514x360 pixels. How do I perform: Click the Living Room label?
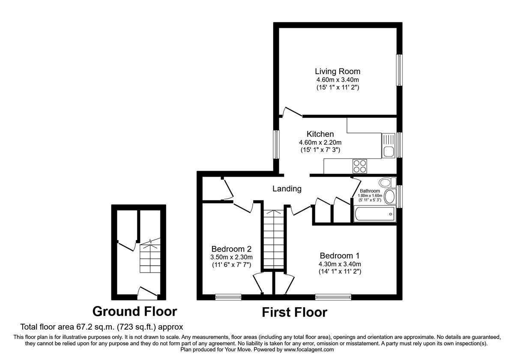(338, 71)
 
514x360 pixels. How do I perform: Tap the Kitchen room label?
(320, 134)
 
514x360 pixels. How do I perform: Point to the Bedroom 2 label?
(231, 249)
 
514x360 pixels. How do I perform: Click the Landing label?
(287, 189)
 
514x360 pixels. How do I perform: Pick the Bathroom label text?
(370, 191)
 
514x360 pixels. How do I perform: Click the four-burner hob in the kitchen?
(359, 165)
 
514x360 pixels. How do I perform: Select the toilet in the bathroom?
(388, 183)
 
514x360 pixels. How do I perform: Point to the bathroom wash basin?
(390, 197)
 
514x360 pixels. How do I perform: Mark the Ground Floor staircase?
(149, 257)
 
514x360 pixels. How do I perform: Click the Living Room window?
(399, 70)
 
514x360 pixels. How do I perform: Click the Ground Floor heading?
(134, 311)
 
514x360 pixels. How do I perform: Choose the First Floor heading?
(294, 312)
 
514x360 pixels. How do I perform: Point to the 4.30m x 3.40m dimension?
(340, 264)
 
